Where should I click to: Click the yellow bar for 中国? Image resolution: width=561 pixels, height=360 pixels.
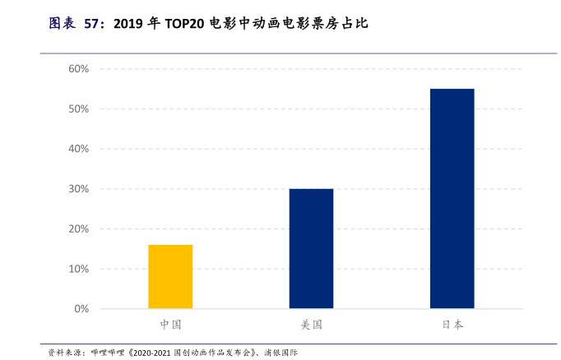tap(170, 276)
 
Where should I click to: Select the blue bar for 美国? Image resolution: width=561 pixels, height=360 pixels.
tap(311, 248)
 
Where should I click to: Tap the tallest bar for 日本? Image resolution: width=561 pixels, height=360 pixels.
tap(452, 198)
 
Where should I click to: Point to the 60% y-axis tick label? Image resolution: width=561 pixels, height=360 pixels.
tap(78, 68)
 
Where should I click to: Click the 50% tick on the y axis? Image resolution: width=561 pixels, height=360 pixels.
tap(78, 108)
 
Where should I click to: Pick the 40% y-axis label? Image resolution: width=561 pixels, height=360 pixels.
tap(78, 149)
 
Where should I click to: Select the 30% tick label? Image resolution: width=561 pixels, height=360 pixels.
tap(78, 189)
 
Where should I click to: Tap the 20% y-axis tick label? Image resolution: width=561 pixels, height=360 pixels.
tap(78, 228)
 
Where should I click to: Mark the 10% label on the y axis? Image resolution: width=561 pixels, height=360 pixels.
tap(78, 269)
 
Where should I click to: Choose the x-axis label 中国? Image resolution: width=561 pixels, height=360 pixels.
tap(170, 325)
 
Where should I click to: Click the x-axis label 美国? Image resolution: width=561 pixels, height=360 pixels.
tap(311, 325)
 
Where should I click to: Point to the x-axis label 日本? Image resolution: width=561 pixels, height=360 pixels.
tap(452, 325)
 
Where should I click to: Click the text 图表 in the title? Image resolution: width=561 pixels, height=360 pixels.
tap(62, 24)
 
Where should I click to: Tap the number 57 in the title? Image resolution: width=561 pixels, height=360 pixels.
tap(92, 24)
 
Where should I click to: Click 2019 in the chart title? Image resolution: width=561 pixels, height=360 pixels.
tap(128, 24)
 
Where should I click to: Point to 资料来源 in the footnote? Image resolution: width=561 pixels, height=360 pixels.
tap(61, 352)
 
